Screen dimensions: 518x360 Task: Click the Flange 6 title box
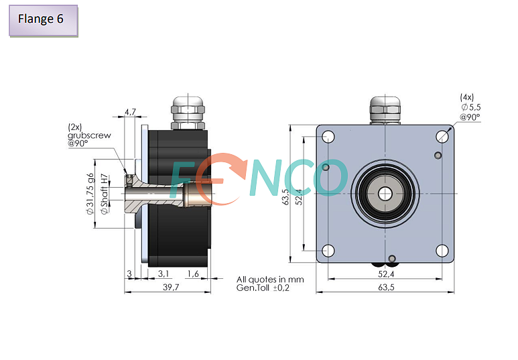coord(44,20)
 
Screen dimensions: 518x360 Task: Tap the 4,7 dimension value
coord(130,112)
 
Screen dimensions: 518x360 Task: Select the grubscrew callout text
coord(89,135)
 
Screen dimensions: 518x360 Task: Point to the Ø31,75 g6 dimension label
coord(90,194)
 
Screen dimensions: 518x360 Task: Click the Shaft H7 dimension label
coord(105,194)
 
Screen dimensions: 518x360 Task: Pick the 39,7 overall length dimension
coord(171,287)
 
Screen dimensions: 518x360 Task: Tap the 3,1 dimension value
coord(164,274)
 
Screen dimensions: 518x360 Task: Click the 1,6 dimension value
coord(193,274)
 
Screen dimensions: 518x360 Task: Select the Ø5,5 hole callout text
coord(470,107)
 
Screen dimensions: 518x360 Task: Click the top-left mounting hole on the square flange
coord(328,137)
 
